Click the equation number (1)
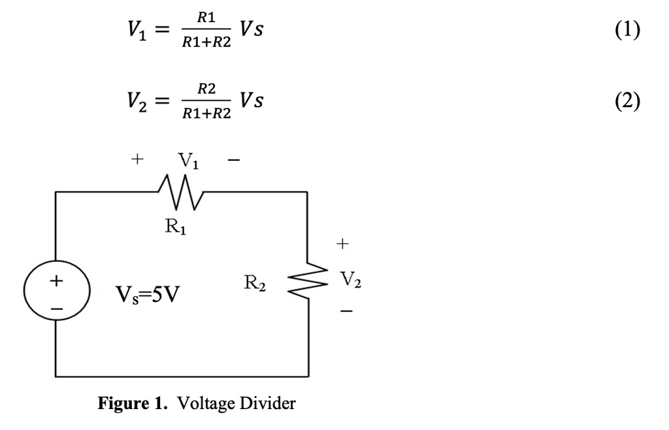point(630,30)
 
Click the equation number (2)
point(630,103)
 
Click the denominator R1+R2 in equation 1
point(206,43)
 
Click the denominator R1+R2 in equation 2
point(206,115)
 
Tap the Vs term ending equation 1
point(252,31)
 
